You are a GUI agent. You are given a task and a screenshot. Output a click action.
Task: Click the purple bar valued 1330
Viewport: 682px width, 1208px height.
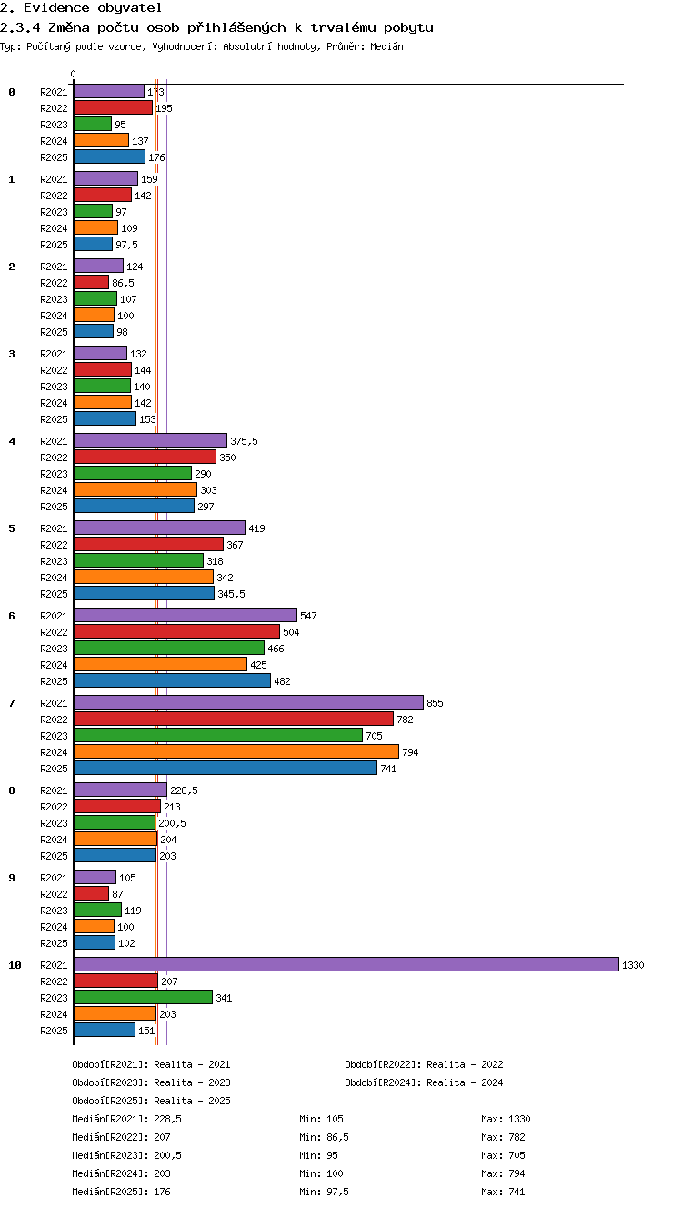[346, 964]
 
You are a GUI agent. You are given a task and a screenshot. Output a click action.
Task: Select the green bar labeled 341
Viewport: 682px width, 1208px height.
[143, 997]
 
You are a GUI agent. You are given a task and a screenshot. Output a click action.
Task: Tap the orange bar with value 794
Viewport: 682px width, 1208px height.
[236, 751]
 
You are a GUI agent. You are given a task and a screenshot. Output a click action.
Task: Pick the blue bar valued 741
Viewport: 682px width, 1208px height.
[226, 768]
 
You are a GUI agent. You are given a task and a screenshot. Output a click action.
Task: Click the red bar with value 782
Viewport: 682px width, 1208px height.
[234, 719]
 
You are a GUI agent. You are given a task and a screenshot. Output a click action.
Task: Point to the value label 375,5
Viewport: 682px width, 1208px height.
[245, 441]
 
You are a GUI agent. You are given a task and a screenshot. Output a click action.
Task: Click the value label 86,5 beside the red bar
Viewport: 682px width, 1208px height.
[123, 283]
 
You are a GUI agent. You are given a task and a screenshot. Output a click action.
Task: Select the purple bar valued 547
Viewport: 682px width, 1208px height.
[186, 615]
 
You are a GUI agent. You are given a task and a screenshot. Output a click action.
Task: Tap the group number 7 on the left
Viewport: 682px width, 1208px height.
[12, 702]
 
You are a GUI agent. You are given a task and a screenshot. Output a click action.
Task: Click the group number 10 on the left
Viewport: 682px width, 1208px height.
[15, 965]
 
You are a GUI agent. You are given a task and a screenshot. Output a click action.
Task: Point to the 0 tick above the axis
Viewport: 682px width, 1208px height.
[74, 74]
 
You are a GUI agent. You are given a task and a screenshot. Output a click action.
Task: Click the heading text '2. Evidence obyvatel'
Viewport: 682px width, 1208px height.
[81, 7]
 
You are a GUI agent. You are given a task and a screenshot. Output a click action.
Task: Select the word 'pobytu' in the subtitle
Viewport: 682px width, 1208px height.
[408, 27]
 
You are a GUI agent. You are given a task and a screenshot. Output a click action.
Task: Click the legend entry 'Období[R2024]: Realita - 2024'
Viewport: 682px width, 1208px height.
[424, 1082]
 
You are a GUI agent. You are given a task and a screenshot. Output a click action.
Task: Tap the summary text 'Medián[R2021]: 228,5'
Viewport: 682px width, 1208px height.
[126, 1119]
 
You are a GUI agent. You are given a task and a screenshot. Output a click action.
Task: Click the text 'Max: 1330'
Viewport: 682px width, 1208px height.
[506, 1119]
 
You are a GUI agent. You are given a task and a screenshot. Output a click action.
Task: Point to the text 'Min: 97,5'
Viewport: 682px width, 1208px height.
[324, 1192]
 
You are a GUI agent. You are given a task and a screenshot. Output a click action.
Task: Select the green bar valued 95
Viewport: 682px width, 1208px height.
[93, 124]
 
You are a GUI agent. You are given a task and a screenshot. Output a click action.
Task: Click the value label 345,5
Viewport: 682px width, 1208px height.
[231, 594]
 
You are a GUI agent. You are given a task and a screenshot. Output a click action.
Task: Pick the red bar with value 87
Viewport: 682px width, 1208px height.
[91, 893]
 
